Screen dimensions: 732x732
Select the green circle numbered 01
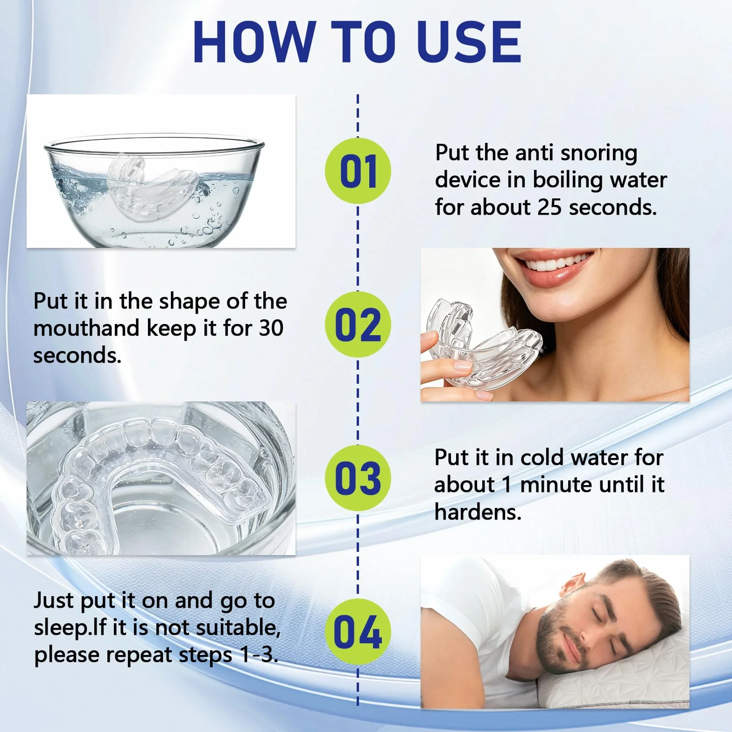click(x=358, y=171)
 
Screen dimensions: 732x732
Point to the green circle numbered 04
click(x=358, y=632)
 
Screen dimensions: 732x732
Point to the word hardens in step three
click(x=478, y=512)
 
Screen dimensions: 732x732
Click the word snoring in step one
click(x=598, y=153)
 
